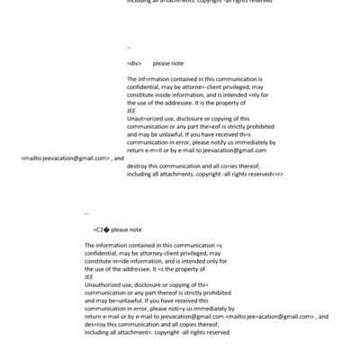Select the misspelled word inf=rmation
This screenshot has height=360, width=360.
click(x=150, y=80)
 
